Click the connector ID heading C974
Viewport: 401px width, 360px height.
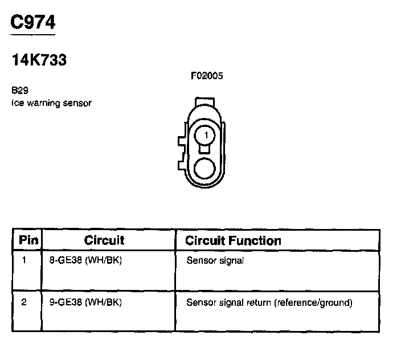(32, 22)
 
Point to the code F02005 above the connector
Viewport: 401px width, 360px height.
(206, 76)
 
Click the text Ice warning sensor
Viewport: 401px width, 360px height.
(51, 103)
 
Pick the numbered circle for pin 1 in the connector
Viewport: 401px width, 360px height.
(206, 136)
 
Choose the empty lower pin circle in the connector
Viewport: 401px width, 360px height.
(205, 169)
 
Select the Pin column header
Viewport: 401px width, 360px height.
(28, 240)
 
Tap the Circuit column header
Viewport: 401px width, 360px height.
(104, 240)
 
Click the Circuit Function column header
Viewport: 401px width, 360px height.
(233, 240)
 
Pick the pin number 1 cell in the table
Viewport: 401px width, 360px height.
(24, 261)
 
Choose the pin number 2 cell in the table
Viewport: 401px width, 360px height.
(24, 302)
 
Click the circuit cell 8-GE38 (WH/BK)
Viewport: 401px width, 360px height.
(85, 261)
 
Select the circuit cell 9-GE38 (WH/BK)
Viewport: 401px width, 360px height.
(85, 302)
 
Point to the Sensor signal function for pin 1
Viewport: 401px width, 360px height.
(215, 261)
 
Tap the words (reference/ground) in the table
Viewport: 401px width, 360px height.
(313, 302)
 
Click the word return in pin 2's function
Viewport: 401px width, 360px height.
(259, 302)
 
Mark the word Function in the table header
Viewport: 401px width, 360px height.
(255, 240)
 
